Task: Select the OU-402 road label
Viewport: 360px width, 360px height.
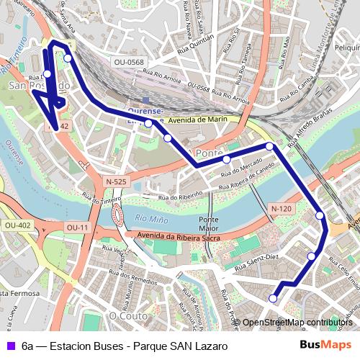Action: coord(18,225)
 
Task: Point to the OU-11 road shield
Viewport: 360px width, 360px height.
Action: coord(76,228)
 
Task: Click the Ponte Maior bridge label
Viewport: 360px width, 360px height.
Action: coord(209,224)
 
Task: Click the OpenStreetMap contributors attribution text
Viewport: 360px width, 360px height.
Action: coord(297,323)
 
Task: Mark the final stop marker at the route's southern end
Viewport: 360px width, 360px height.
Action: coord(273,298)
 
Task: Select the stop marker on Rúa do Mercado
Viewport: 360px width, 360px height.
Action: coord(226,159)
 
